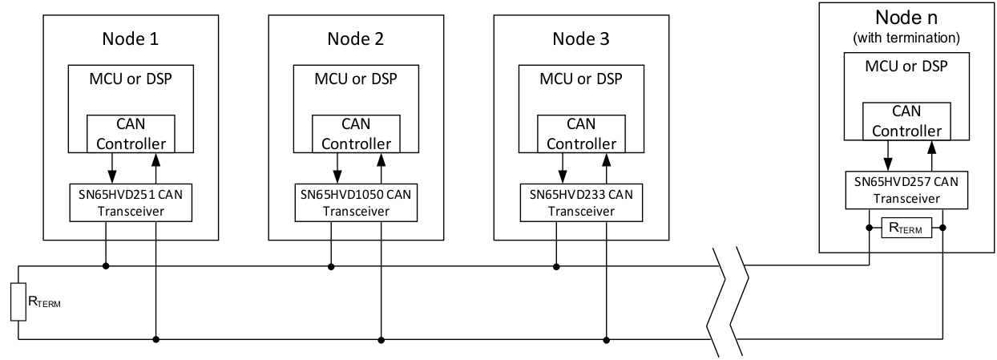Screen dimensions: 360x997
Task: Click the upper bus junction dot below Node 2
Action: coord(330,265)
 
